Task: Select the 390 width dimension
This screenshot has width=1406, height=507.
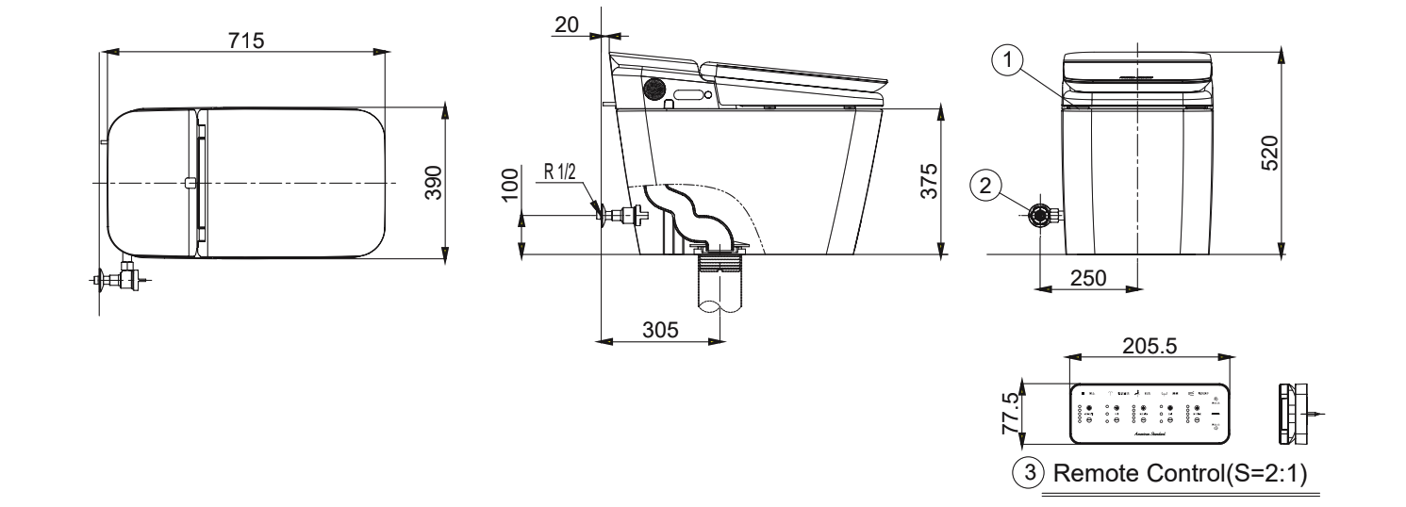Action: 433,181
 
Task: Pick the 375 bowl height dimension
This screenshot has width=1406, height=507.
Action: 929,181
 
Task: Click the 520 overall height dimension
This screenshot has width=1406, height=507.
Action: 1269,150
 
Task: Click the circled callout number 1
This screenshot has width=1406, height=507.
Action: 1008,58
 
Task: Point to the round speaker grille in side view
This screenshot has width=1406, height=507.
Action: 653,89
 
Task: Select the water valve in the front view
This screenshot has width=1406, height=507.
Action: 1040,215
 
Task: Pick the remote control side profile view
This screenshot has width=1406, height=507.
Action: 1294,413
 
